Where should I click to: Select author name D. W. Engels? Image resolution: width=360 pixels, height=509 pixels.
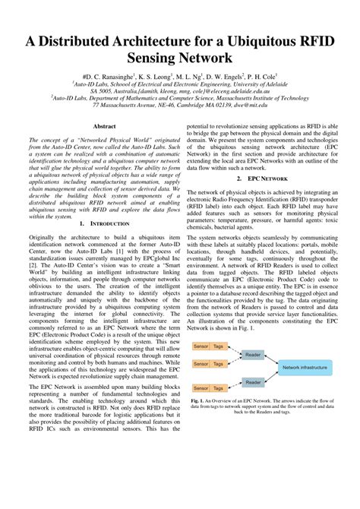pos(215,77)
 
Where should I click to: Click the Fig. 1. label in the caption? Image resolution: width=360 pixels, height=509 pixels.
pos(199,400)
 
